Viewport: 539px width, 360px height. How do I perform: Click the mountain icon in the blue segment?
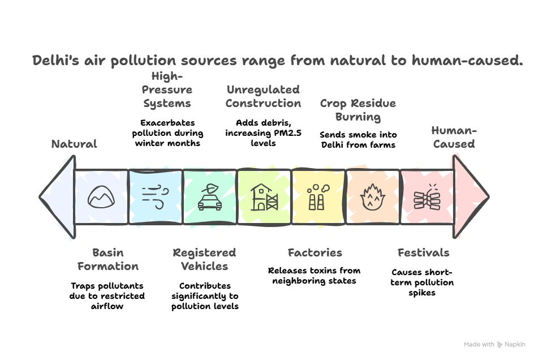[x=102, y=196]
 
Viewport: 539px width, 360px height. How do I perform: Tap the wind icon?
[x=156, y=196]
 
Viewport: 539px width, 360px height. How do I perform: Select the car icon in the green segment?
[x=209, y=196]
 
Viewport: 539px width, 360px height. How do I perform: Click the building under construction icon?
[x=264, y=196]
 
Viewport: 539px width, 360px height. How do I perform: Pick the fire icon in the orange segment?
[x=372, y=196]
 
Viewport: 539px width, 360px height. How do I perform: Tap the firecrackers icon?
[x=426, y=196]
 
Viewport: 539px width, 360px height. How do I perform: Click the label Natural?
[x=74, y=144]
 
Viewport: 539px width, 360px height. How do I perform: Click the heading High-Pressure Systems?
[x=167, y=90]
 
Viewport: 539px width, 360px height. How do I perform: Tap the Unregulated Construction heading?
[x=263, y=96]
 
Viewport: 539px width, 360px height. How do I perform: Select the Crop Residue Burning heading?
[x=357, y=110]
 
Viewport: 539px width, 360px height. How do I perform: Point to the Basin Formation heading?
[x=107, y=259]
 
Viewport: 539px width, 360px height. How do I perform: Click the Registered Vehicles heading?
[x=204, y=259]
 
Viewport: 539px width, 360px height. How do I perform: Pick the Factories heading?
[x=314, y=252]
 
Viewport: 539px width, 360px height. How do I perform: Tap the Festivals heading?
[x=423, y=252]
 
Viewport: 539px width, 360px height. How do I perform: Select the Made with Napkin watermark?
[x=494, y=344]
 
